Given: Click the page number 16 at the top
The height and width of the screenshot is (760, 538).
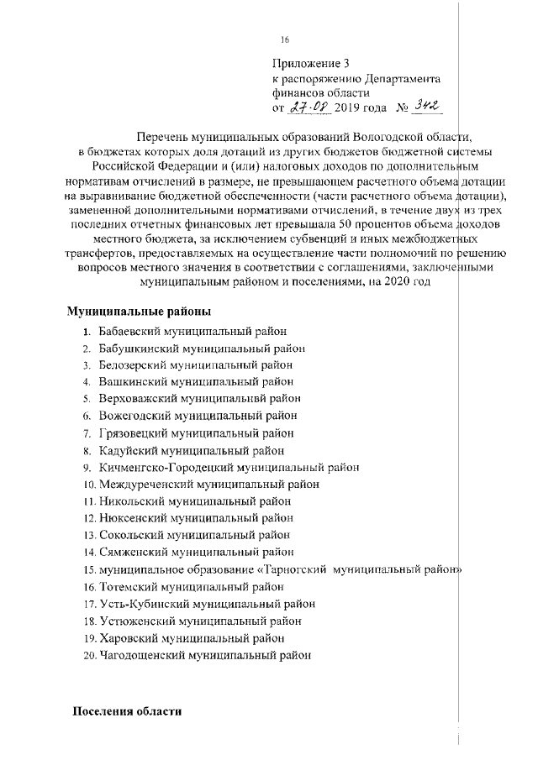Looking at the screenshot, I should point(284,40).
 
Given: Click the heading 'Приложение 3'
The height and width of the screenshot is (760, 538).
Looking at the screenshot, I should point(310,64).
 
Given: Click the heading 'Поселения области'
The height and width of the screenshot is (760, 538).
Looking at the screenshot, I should point(127,710).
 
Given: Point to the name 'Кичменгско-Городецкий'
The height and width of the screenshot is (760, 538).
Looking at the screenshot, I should point(165,467).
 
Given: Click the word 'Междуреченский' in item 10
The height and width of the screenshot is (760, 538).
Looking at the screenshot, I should point(145,485).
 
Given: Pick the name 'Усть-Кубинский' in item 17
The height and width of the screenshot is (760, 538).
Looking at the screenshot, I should point(143,604).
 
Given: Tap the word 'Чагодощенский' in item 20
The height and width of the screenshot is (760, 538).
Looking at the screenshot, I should point(142,654).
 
